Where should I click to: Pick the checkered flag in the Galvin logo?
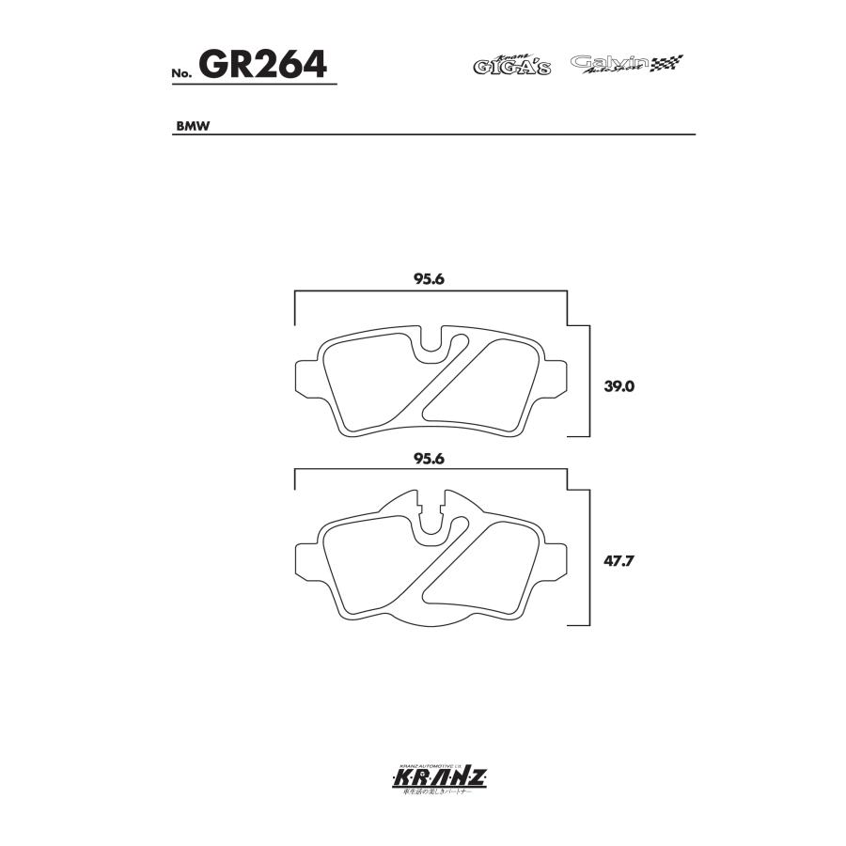(x=669, y=62)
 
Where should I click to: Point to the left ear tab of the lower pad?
(x=305, y=559)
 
